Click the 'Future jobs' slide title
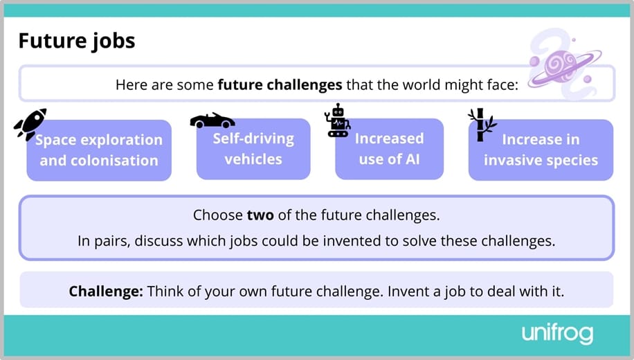[77, 41]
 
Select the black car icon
[212, 120]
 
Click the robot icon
[338, 120]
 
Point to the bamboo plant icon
[480, 124]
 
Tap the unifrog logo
[557, 334]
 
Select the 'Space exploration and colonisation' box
[99, 150]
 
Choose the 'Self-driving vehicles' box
[253, 149]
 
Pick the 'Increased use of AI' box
[389, 149]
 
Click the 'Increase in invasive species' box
[541, 150]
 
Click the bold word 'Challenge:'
[106, 291]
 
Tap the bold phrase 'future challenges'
[280, 85]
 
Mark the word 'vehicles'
[253, 159]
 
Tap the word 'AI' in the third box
[412, 159]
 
